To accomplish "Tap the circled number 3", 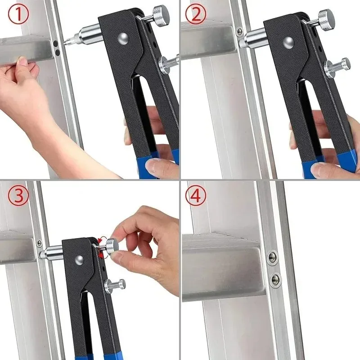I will (18, 195).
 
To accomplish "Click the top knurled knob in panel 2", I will (325, 18).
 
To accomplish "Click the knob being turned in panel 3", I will (112, 246).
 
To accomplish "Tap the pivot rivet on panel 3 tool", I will (79, 260).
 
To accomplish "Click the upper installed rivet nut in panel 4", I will (273, 258).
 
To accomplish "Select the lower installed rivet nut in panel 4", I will (275, 279).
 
